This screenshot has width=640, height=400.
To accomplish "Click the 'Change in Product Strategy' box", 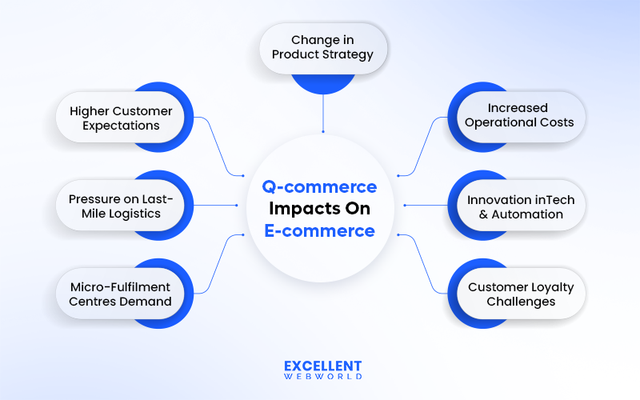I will (322, 47).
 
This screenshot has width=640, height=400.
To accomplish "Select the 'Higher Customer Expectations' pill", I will (114, 118).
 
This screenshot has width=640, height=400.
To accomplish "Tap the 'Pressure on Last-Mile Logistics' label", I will (114, 206).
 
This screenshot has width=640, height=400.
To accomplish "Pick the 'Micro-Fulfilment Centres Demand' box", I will (114, 294).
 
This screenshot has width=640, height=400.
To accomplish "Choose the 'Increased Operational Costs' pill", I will (518, 115).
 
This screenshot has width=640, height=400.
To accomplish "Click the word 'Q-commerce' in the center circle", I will (320, 187).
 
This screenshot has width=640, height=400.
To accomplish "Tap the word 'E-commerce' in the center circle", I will (320, 231).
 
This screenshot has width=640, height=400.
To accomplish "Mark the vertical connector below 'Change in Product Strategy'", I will (322, 112).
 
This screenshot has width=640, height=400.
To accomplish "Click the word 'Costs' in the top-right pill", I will (557, 122).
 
